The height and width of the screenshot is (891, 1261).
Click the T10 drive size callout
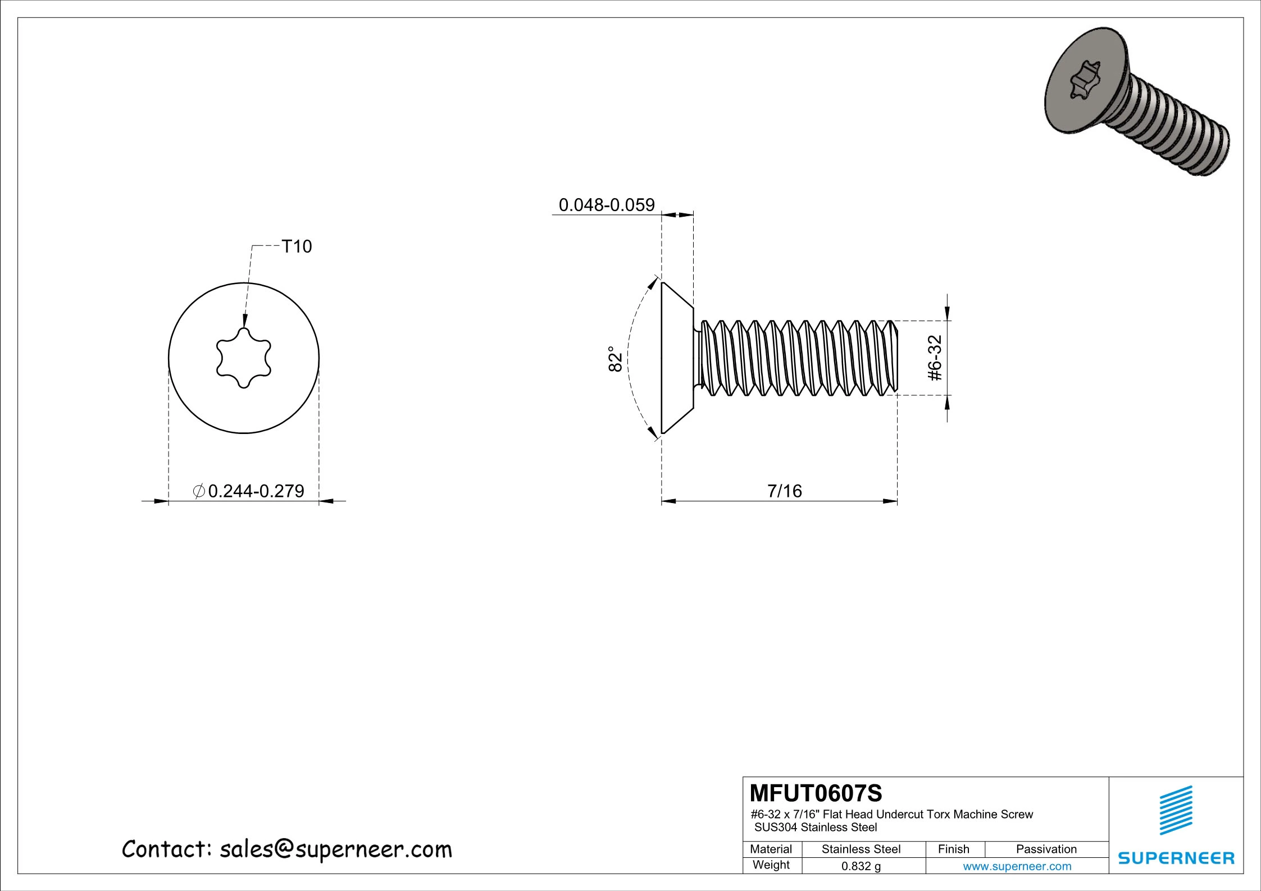click(296, 246)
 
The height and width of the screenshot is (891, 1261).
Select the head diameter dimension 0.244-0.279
click(256, 491)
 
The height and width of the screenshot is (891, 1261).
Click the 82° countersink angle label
click(615, 359)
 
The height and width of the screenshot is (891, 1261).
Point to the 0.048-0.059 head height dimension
click(607, 205)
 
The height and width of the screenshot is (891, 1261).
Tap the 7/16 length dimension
click(785, 491)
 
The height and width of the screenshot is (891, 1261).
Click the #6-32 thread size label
click(935, 358)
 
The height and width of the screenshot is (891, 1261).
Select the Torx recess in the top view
click(244, 358)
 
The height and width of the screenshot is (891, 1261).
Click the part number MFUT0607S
click(816, 794)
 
